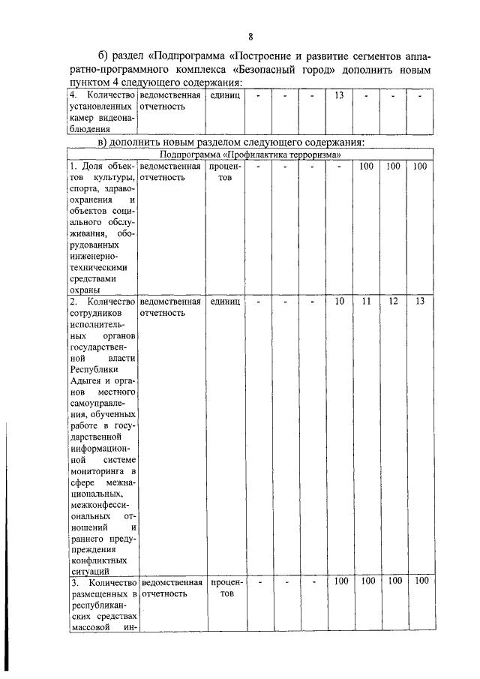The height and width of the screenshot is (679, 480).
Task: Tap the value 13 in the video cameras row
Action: coord(338,96)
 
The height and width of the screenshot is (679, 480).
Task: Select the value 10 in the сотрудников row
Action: coord(339,301)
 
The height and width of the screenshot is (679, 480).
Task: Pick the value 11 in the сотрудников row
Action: coord(366,301)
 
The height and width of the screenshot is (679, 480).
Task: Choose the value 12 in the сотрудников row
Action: coord(393,301)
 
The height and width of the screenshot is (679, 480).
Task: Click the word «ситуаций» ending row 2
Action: coord(88,571)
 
